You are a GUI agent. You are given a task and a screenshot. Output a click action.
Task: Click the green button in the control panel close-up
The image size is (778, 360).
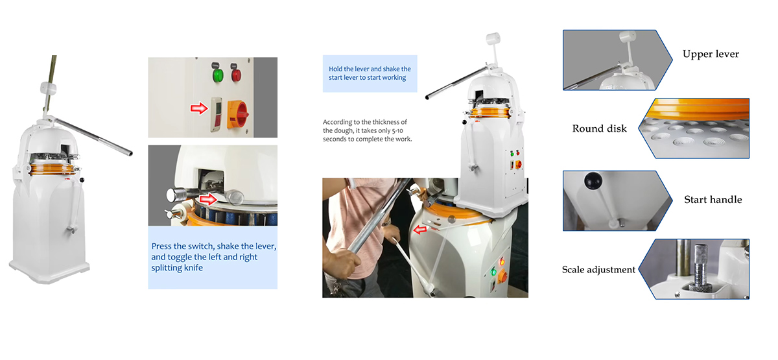click(x=218, y=75)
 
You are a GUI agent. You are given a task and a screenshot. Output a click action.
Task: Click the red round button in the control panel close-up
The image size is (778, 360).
click(x=236, y=75)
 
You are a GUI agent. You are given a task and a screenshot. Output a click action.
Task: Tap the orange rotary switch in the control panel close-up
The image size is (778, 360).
click(x=237, y=114)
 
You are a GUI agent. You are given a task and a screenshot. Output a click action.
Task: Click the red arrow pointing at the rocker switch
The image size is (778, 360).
click(x=199, y=108)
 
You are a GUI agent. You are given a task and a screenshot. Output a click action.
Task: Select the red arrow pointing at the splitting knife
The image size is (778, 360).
click(x=208, y=200)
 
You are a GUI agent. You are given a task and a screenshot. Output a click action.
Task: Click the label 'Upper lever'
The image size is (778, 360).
click(x=711, y=54)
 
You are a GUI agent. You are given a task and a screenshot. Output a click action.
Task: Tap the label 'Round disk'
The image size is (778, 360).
click(x=600, y=128)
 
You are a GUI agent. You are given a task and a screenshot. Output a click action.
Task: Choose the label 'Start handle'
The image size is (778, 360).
click(x=713, y=200)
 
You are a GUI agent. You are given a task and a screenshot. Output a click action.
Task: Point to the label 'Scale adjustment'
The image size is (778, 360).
click(x=598, y=270)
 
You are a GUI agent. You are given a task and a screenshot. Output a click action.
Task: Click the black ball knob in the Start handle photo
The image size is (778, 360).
click(x=593, y=181)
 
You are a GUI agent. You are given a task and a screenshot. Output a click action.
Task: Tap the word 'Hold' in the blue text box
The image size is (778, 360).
click(x=336, y=69)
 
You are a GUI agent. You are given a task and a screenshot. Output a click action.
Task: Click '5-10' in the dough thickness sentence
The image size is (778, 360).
click(x=397, y=130)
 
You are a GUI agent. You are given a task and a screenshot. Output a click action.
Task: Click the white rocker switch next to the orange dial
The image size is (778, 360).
click(x=216, y=114)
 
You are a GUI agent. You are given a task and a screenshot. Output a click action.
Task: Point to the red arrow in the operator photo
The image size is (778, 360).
click(x=420, y=230)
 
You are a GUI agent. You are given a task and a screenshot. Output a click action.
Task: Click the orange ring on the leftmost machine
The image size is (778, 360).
click(x=52, y=169)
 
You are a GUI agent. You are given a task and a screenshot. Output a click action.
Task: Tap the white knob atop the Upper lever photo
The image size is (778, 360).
click(x=628, y=36)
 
